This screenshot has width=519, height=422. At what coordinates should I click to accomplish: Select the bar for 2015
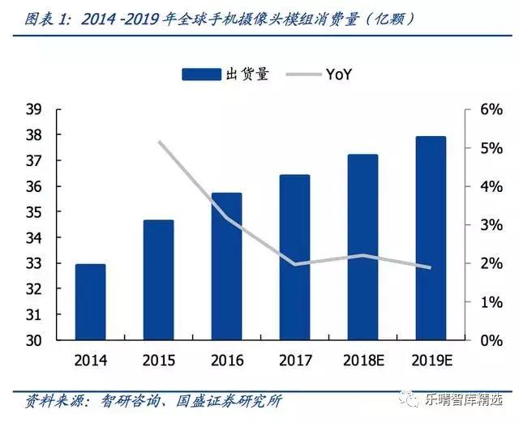(x=158, y=279)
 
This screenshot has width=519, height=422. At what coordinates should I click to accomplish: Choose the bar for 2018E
(x=362, y=247)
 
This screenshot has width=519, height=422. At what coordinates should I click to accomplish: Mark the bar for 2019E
(x=431, y=238)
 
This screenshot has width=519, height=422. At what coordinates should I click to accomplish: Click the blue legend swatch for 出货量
(x=201, y=75)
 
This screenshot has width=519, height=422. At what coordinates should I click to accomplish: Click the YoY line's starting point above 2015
(x=158, y=142)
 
